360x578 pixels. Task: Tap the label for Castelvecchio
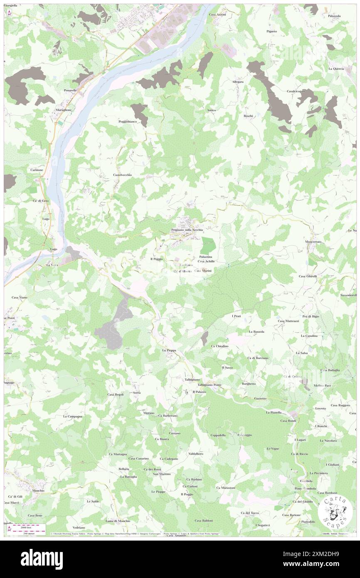[x=122, y=175]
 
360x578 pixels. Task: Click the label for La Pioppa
[x=169, y=351]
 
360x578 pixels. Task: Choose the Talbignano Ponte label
[x=210, y=385]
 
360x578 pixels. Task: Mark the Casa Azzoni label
[x=217, y=15]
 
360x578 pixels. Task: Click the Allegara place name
[x=237, y=82]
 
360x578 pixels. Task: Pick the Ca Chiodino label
[x=219, y=346]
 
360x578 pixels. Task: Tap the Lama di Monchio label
[x=118, y=521]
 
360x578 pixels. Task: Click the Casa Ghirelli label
[x=308, y=276]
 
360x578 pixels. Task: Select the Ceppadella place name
[x=218, y=435]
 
